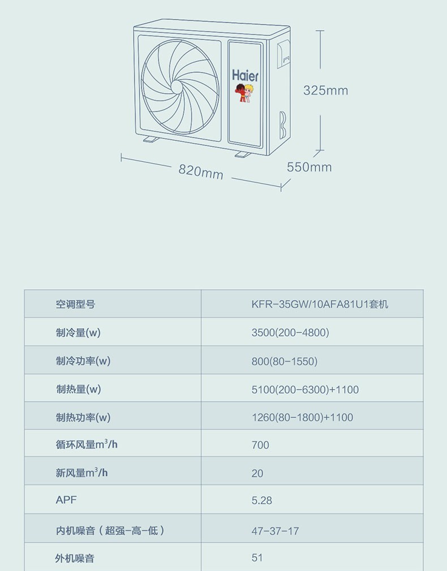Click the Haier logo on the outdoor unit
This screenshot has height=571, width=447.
[245, 75]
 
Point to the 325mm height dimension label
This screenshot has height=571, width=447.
[325, 91]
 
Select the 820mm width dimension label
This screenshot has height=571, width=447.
[201, 170]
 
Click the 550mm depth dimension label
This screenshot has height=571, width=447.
[309, 167]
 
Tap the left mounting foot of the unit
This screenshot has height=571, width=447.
[151, 139]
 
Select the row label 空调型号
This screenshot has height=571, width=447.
[75, 304]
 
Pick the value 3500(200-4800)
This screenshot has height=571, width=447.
[290, 333]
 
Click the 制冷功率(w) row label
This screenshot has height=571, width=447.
[83, 361]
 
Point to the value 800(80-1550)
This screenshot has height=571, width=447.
[284, 361]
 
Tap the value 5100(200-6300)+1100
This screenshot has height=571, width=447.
[305, 389]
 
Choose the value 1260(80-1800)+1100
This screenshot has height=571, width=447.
[302, 418]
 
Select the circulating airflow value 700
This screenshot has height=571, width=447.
[260, 445]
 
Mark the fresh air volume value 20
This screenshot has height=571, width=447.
[257, 473]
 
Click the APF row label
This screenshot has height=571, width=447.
[66, 500]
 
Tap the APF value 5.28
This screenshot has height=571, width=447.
[261, 501]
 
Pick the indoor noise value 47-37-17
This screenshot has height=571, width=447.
[275, 531]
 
